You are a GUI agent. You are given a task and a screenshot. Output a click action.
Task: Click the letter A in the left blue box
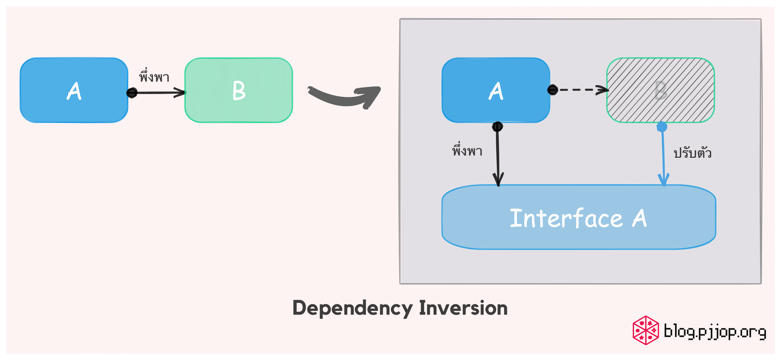coord(74,91)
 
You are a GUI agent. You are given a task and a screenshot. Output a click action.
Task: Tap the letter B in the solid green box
coord(239,91)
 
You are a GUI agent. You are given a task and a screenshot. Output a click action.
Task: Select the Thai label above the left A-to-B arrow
coord(154,77)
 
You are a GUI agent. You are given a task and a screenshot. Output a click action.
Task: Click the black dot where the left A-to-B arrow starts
coord(132,93)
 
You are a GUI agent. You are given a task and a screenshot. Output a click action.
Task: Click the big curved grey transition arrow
coord(345,97)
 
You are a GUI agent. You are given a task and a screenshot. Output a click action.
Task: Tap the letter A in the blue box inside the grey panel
coord(496,91)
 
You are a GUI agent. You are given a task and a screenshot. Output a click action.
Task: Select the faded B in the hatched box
coord(661,91)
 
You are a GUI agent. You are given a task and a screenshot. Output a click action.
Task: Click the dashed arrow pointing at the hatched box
coord(580,90)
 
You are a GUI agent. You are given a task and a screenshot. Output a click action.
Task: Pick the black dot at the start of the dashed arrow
coord(553,90)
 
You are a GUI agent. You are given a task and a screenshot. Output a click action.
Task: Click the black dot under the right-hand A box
coord(497,127)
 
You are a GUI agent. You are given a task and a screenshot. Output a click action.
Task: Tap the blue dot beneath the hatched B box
coord(662,127)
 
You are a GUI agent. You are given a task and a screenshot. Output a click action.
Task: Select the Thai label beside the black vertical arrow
coord(467,151)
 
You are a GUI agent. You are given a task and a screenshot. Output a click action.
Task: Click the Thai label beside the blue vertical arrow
coord(693,153)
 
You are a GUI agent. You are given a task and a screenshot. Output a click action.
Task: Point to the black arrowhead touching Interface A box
coord(498,179)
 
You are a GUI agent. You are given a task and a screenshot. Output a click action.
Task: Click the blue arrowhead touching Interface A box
coord(663,180)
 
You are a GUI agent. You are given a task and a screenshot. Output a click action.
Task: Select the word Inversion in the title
coord(463,308)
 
